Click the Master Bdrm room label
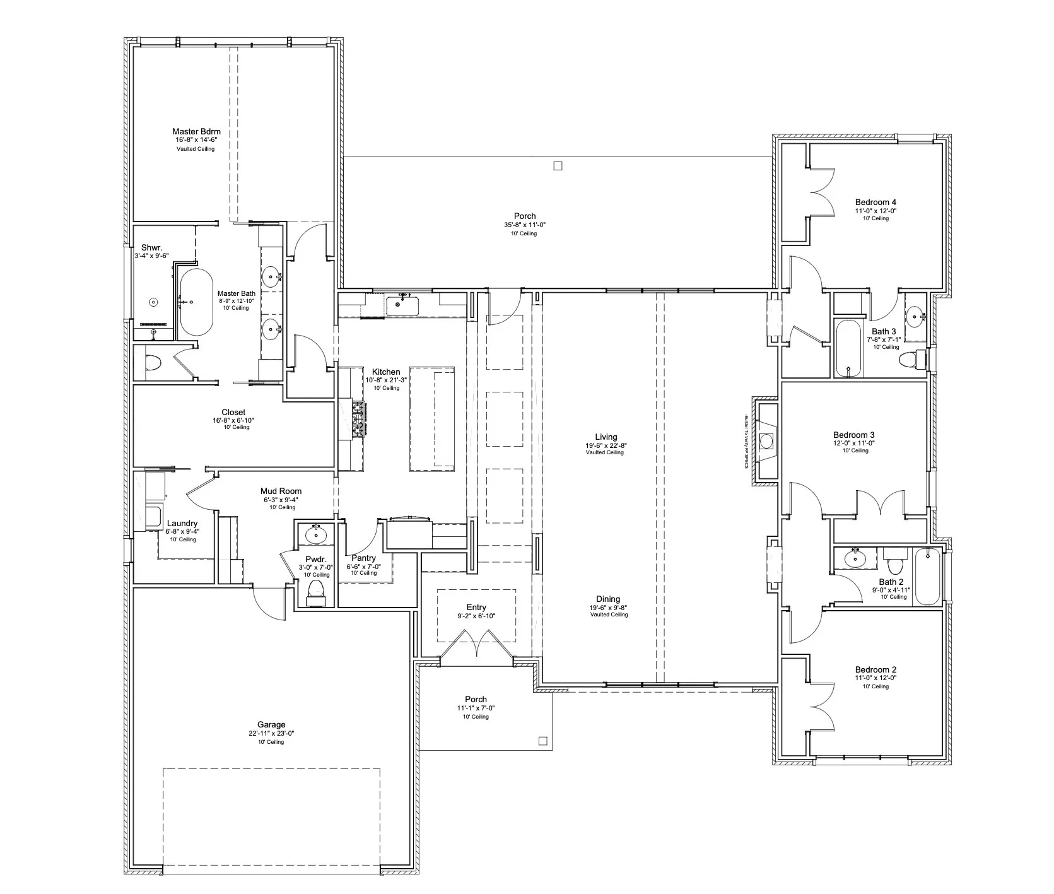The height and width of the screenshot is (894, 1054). coord(196,131)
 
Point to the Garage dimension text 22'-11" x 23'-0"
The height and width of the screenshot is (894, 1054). coord(271,734)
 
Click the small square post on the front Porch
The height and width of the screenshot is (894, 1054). coord(542,741)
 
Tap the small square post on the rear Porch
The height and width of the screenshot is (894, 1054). coord(557,166)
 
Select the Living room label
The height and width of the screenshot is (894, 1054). coord(606,437)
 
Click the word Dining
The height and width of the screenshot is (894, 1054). coord(608,599)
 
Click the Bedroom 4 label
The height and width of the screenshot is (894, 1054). coord(876,202)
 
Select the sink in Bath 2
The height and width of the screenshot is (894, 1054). coord(856,558)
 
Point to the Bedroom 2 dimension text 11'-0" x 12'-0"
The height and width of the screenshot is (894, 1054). coord(876,678)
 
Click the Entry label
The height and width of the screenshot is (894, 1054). coord(476,607)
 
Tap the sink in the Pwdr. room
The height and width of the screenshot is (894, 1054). coord(315,535)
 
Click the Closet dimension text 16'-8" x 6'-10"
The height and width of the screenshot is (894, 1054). coord(233,420)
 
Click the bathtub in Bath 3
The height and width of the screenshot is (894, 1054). coord(848,348)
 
